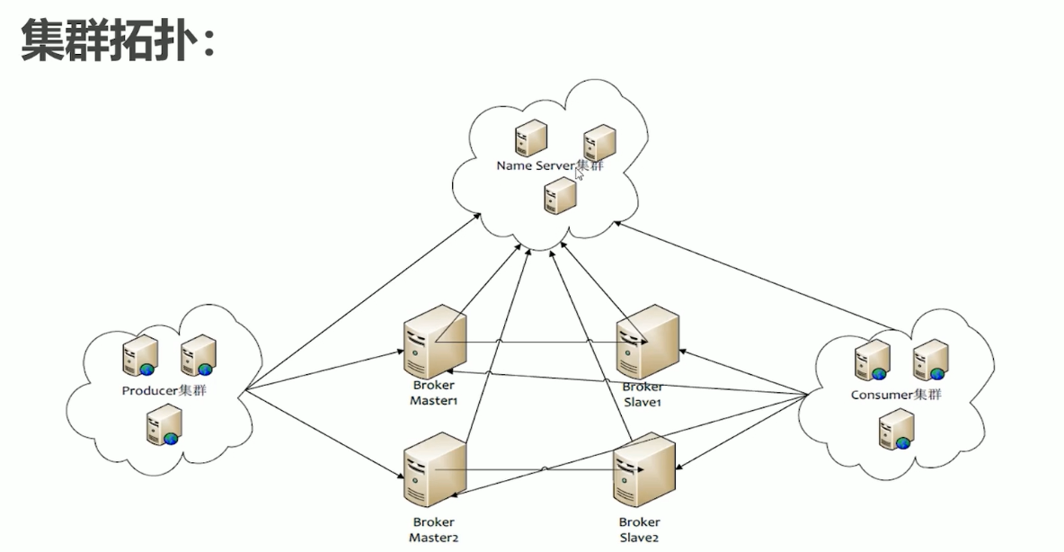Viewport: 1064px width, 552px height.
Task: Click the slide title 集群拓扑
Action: (x=118, y=41)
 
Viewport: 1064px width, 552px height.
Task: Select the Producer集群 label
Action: (x=169, y=390)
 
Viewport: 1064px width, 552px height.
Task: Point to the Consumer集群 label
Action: (x=896, y=395)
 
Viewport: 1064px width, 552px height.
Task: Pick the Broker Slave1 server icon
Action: (x=646, y=342)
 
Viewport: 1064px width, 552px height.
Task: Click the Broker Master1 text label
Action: (x=435, y=393)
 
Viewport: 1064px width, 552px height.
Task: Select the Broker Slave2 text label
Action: (x=640, y=530)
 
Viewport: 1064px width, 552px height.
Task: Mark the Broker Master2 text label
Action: (x=434, y=530)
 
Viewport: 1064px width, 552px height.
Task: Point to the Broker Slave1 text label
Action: (x=642, y=394)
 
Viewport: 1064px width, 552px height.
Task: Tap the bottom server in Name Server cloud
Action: (x=559, y=195)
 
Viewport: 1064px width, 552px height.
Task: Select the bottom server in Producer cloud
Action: (x=164, y=424)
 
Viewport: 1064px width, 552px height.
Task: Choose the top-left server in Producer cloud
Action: (x=140, y=356)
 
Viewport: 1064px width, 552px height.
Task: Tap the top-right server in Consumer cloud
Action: (x=930, y=360)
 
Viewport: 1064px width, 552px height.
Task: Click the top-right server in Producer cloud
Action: (x=198, y=356)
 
